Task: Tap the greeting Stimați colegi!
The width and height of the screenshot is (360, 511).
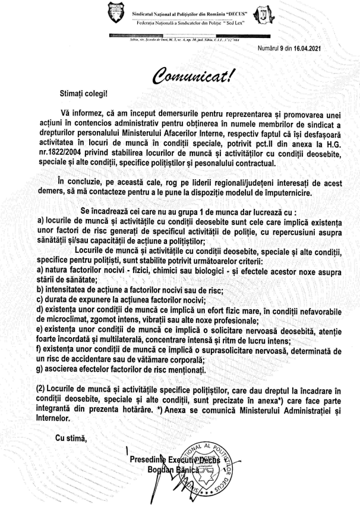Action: (x=82, y=93)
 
